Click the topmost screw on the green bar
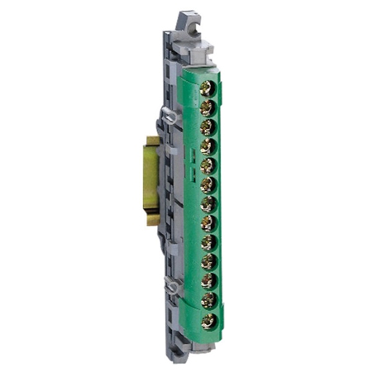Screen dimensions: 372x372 208,86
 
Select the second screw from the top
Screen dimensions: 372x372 207,107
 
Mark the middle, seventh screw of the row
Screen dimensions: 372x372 207,203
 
